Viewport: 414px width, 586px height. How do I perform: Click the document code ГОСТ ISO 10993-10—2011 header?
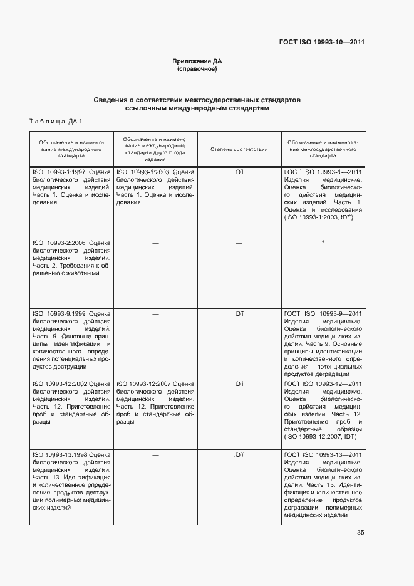coord(321,43)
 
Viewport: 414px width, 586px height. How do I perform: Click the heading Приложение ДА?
coord(197,61)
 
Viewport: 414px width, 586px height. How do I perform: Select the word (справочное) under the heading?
coord(197,69)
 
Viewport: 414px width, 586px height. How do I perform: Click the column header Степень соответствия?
coord(239,149)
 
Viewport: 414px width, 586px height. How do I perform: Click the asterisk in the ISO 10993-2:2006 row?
coord(323,242)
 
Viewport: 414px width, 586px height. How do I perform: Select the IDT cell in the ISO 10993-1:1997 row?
coord(239,171)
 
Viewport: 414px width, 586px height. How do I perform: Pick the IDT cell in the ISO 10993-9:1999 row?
coord(239,313)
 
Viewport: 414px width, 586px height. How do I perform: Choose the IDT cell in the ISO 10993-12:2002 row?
coord(239,383)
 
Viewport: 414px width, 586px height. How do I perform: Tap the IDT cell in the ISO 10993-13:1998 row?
coord(239,454)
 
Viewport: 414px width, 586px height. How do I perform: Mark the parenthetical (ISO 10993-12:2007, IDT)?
coord(319,437)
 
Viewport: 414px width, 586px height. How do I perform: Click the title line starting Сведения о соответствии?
coord(197,100)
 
